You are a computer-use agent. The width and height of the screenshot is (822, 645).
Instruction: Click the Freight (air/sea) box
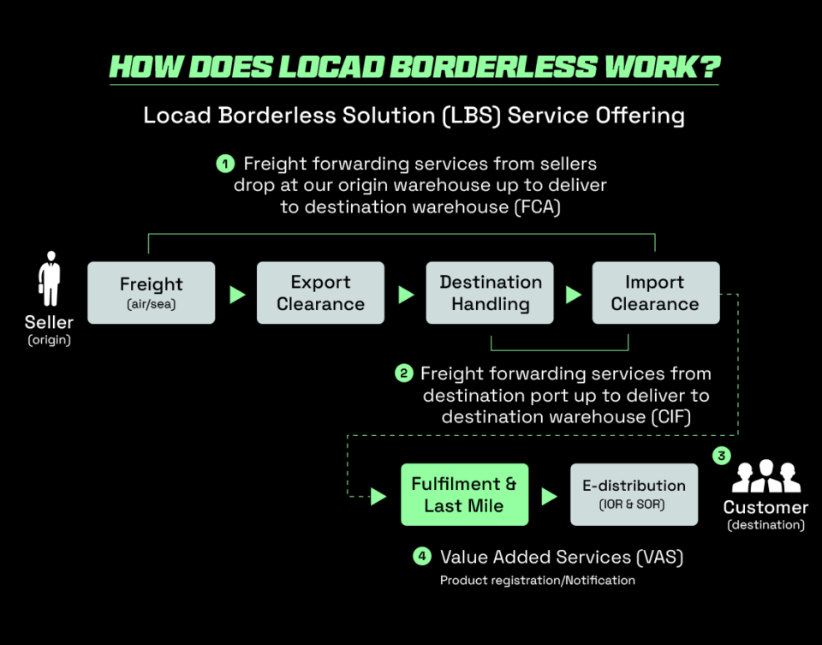(152, 292)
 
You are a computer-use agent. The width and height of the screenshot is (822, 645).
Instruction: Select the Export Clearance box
(320, 292)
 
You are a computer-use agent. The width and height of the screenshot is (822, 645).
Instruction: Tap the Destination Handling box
(490, 292)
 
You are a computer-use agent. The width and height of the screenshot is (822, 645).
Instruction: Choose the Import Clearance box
(655, 292)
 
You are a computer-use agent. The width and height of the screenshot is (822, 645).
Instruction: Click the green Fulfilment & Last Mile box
(464, 494)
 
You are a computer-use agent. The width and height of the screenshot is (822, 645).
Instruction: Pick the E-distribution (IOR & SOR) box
(634, 494)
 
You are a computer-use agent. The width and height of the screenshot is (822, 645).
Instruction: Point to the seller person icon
(50, 279)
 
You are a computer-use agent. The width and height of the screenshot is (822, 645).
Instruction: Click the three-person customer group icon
(766, 477)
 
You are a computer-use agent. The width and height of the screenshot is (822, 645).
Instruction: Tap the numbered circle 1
(225, 164)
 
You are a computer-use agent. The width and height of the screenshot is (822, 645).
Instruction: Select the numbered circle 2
(403, 373)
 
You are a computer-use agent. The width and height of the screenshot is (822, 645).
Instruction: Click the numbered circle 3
(722, 456)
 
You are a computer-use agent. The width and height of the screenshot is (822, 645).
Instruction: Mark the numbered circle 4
(421, 557)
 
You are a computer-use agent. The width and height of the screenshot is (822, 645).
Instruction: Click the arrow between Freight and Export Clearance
(237, 295)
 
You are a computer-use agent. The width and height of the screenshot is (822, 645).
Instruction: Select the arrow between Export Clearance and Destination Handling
(406, 295)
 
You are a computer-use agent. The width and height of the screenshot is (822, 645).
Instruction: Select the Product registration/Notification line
(537, 581)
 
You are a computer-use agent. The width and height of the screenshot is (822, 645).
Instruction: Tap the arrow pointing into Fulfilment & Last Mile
(378, 496)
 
